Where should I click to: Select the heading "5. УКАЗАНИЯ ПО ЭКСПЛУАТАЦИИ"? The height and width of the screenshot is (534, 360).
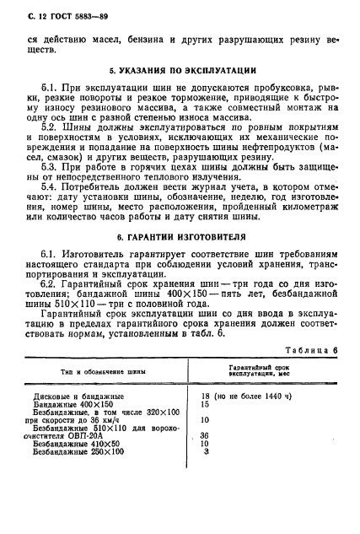[180, 71]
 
